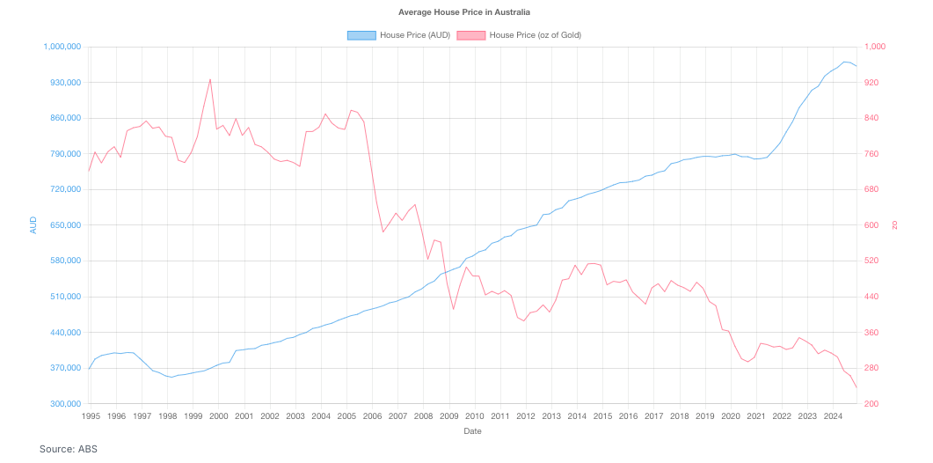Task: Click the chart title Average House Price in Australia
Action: tap(464, 12)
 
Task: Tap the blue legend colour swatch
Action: tap(361, 35)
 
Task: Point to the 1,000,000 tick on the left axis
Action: tap(62, 47)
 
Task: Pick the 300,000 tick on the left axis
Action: tap(64, 404)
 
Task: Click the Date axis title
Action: tap(472, 431)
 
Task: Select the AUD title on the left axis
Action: tap(33, 224)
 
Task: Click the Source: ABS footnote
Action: tap(69, 449)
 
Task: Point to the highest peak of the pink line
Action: tap(209, 79)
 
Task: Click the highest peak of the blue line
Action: tap(845, 62)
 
